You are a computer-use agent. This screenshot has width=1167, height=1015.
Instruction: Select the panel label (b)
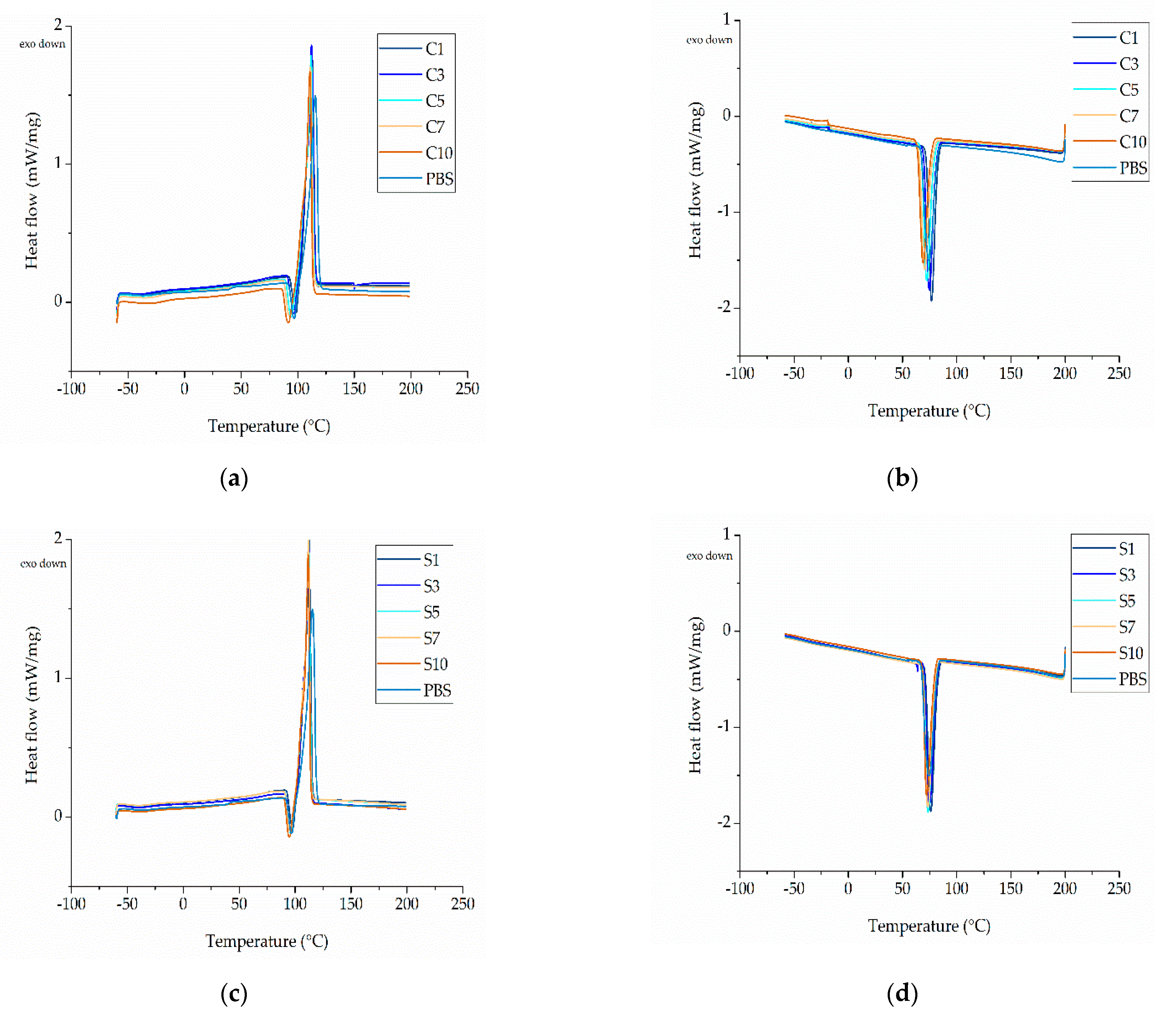tap(902, 478)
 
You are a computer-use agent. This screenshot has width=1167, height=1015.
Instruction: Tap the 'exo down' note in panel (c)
tap(43, 563)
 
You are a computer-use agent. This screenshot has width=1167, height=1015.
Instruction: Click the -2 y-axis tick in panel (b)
tap(725, 307)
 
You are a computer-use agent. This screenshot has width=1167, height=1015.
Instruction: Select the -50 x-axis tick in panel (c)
tap(127, 903)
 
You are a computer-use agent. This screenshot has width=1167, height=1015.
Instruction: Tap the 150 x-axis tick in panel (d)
tap(1011, 888)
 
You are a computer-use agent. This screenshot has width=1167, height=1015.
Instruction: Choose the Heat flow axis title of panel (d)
tap(696, 695)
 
